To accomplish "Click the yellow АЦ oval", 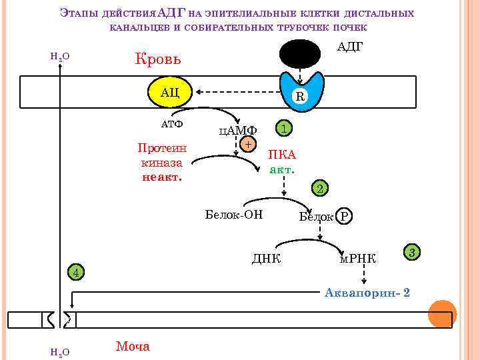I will (170, 92).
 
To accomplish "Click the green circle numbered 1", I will (283, 128).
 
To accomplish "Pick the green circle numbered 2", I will (320, 189).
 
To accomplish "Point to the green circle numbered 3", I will (412, 252).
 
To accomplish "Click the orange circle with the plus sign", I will (248, 143).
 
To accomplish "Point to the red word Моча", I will (133, 346).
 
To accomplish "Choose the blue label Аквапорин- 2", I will (367, 293).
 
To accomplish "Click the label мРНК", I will (358, 258).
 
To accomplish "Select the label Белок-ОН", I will (234, 214).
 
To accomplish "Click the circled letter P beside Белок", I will (344, 216).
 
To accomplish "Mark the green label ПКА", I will (282, 155).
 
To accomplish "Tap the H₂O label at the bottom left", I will (60, 351).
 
